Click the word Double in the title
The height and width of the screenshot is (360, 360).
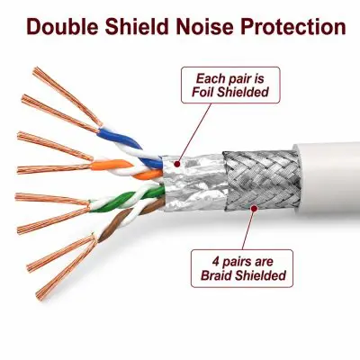click(x=62, y=26)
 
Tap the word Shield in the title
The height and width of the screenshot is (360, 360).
click(x=136, y=26)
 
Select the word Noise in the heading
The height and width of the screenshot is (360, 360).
click(x=204, y=26)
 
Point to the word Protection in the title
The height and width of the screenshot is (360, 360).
click(x=293, y=26)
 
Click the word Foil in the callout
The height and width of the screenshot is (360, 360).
click(x=202, y=92)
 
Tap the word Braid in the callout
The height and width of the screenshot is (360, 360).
click(x=216, y=275)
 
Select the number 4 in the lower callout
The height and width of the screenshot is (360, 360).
click(x=215, y=261)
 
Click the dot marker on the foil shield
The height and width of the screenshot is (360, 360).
click(x=177, y=164)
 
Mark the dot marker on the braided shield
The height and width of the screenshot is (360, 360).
click(x=254, y=208)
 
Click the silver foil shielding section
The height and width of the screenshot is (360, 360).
click(x=193, y=183)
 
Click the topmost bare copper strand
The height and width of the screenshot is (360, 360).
click(x=67, y=96)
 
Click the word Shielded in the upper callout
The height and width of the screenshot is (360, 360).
click(x=243, y=92)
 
